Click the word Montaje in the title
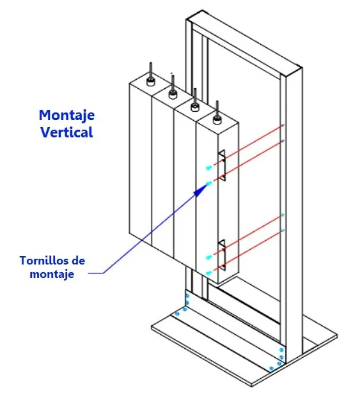point(67,116)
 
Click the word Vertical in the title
point(67,132)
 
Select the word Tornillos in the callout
point(41,261)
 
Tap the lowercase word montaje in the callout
point(52,274)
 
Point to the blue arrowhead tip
point(207,185)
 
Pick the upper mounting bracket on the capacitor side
point(222,165)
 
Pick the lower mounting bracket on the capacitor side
point(222,255)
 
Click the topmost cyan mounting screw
point(209,167)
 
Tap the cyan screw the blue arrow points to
point(209,183)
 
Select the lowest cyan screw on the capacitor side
point(209,273)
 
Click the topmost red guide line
point(248,145)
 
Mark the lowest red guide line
point(248,250)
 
